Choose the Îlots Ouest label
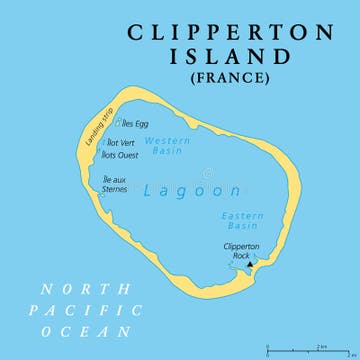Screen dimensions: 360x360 [x=122, y=155]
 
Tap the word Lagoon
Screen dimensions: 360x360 [x=178, y=189]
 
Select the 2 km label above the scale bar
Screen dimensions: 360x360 [x=322, y=345]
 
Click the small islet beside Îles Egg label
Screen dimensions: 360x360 [x=118, y=124]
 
